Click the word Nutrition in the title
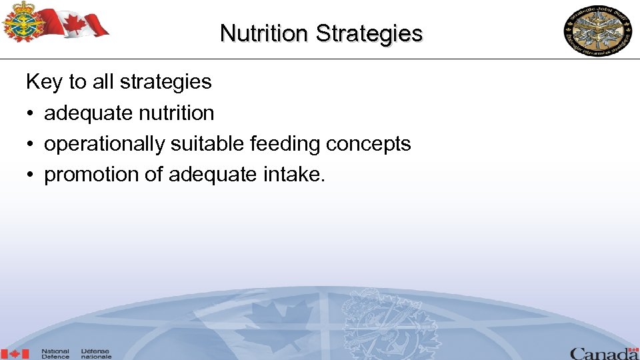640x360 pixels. point(265,33)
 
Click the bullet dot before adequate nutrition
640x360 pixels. point(31,114)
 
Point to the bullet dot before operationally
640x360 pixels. point(31,145)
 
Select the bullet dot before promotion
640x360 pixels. point(31,175)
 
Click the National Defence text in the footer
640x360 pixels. point(55,353)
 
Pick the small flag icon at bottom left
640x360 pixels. point(15,353)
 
